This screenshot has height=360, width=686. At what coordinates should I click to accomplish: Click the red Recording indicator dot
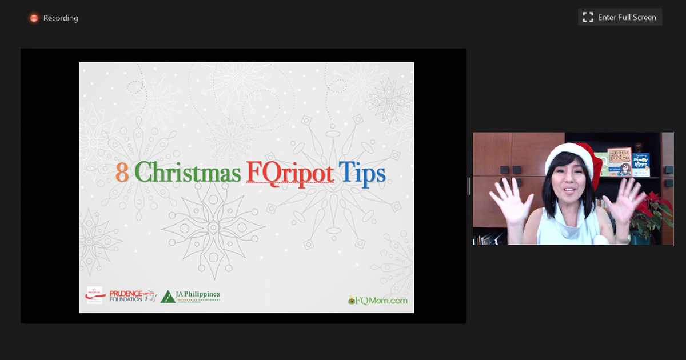(x=34, y=18)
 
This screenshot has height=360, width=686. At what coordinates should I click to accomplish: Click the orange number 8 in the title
(x=122, y=172)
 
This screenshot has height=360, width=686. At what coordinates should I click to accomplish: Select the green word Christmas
(x=188, y=172)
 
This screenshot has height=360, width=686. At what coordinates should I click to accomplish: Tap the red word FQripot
(x=290, y=172)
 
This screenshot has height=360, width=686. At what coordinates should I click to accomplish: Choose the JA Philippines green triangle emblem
(x=168, y=296)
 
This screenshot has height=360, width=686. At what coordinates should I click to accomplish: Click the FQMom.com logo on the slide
(x=378, y=300)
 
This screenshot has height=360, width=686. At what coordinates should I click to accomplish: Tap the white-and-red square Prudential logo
(x=94, y=295)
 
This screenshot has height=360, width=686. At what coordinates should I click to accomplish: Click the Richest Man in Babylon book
(x=619, y=161)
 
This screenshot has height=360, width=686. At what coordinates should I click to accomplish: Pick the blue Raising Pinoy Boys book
(x=641, y=164)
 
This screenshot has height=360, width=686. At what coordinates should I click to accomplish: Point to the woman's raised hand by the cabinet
(x=507, y=198)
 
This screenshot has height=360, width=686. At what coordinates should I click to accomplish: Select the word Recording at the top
(x=61, y=18)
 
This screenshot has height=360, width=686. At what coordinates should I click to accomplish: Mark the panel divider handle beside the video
(x=469, y=186)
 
